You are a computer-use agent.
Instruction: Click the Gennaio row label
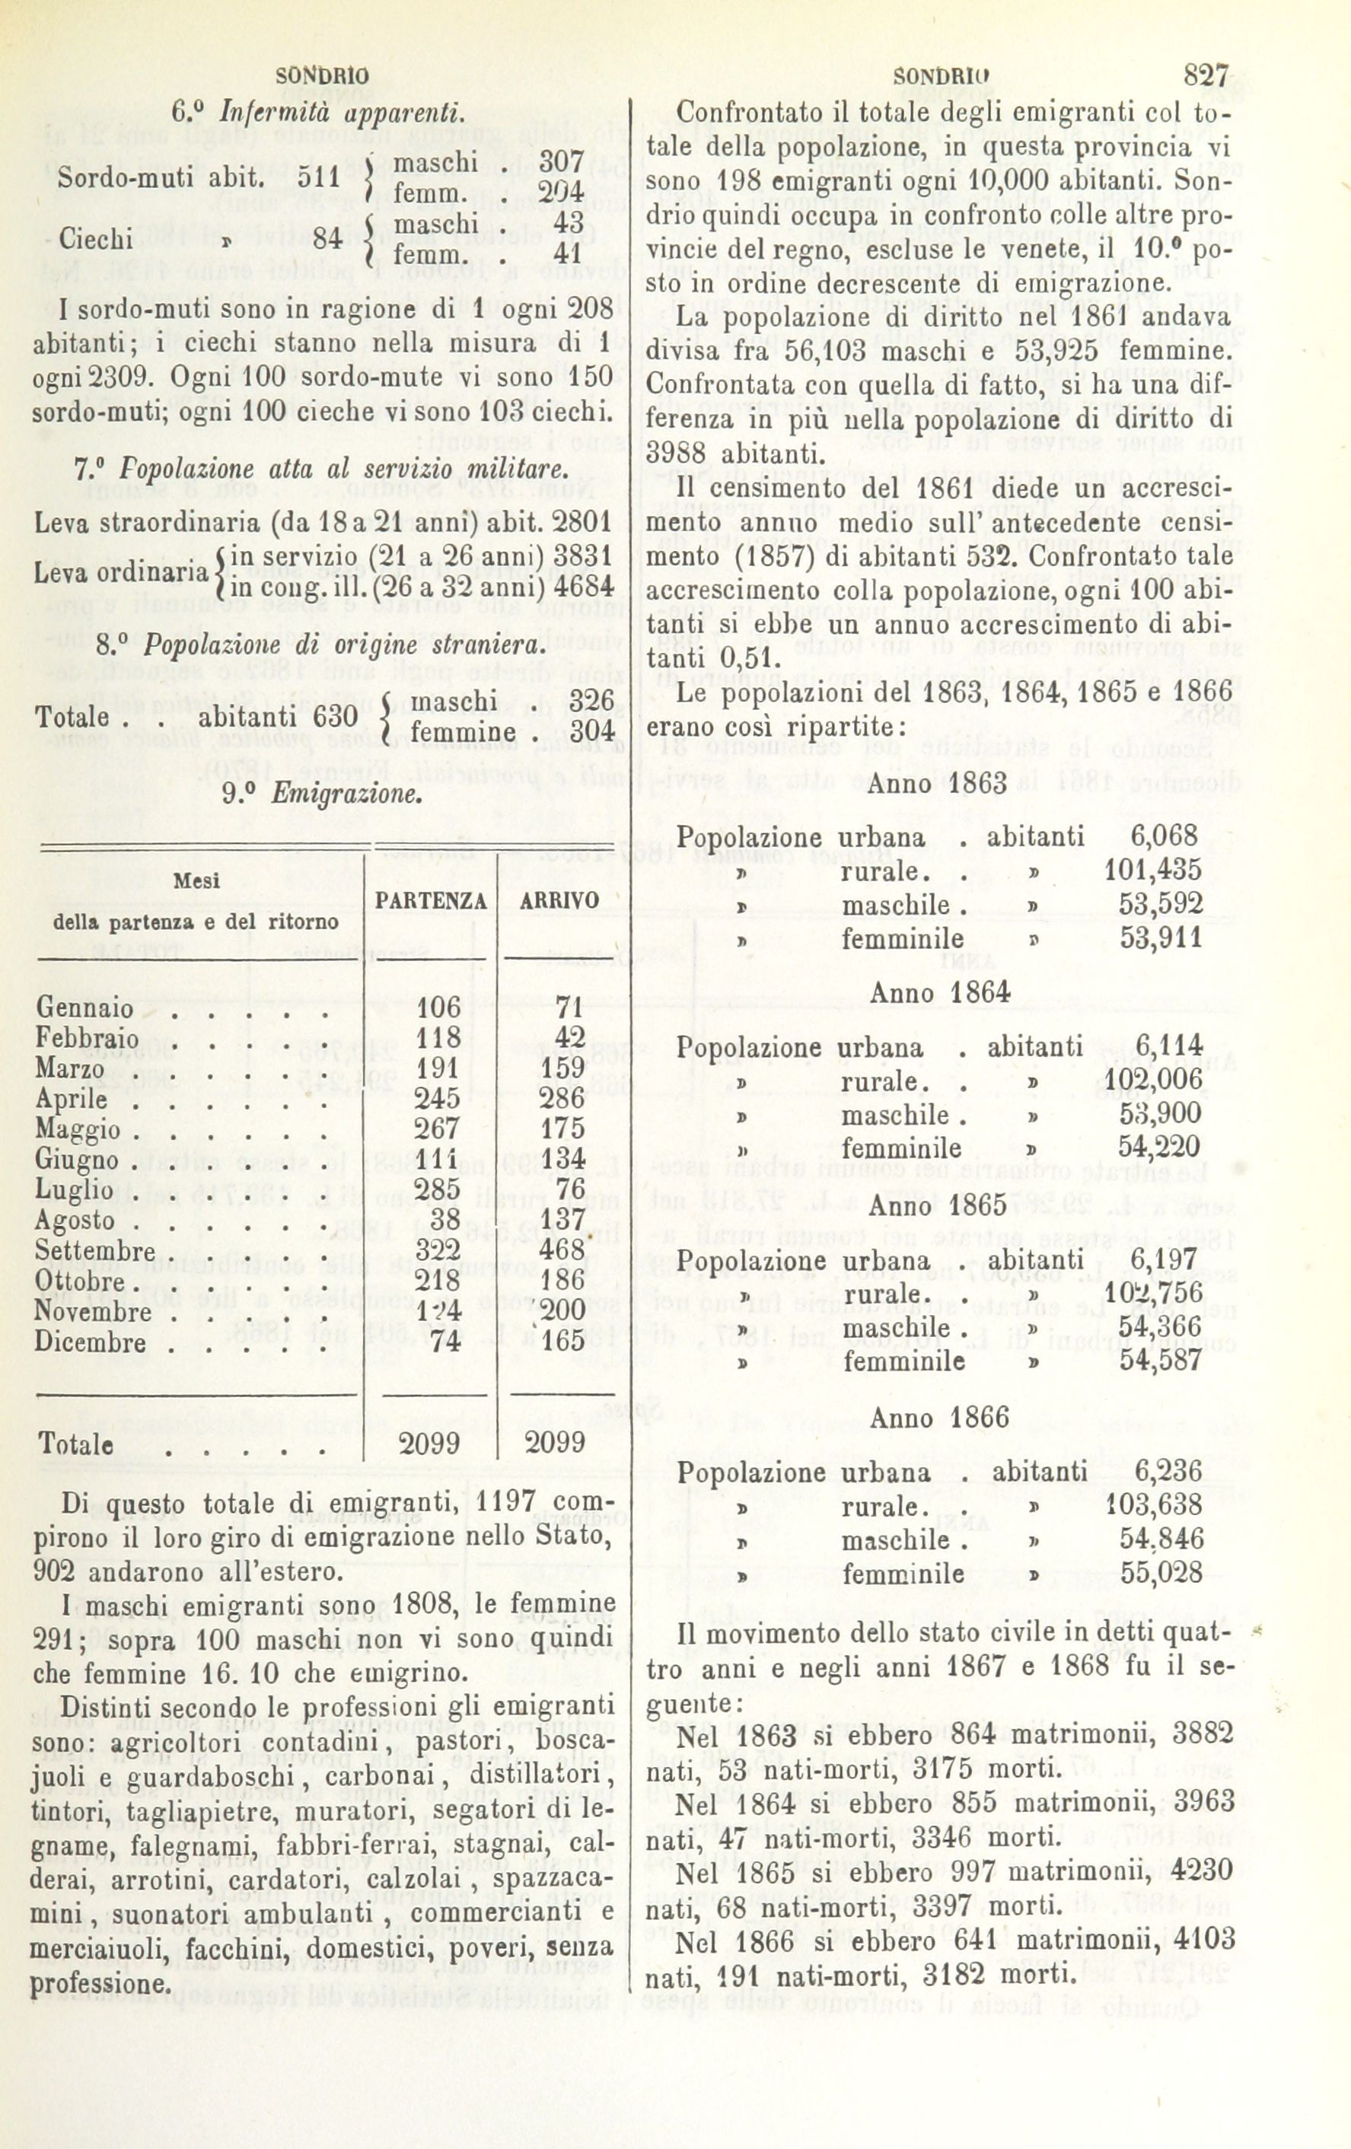click(x=84, y=1009)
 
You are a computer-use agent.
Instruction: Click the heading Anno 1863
click(x=938, y=784)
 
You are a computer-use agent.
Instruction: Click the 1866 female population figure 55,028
click(x=1161, y=1572)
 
